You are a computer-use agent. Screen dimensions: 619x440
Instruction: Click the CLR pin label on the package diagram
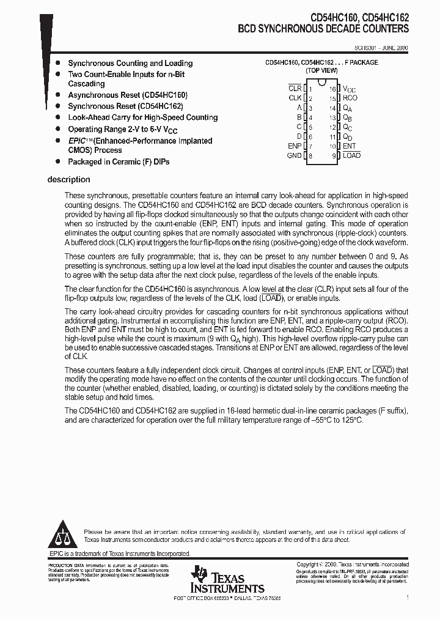(x=295, y=89)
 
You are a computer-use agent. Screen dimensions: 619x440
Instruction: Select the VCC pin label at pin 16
(x=349, y=89)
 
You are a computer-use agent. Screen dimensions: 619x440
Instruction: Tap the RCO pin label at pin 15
(x=350, y=98)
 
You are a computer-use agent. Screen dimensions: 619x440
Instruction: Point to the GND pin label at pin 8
(x=294, y=156)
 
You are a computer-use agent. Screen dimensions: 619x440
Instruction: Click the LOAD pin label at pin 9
(x=351, y=155)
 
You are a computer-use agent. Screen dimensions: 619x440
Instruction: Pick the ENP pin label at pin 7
(x=295, y=146)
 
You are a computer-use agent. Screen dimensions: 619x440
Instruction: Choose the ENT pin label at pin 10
(x=349, y=146)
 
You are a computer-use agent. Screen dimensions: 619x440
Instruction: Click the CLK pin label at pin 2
(x=295, y=98)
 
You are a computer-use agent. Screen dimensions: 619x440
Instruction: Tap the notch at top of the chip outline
(x=321, y=82)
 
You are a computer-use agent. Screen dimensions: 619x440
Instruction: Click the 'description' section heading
(x=68, y=180)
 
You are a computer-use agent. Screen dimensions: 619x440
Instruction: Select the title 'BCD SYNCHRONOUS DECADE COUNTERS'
(x=323, y=29)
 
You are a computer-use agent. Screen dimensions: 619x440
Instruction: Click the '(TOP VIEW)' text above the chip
(x=321, y=71)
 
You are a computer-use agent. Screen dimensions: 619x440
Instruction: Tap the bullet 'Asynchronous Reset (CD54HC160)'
(x=127, y=95)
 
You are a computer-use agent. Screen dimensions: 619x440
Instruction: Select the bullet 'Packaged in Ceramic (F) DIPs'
(x=119, y=162)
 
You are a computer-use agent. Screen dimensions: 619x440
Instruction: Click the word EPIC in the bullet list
(x=78, y=141)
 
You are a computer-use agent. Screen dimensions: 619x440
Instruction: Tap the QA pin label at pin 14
(x=348, y=108)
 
